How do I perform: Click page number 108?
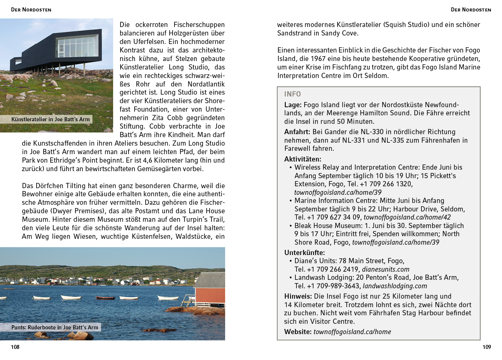15,347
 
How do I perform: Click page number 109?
486,347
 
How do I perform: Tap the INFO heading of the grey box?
292,94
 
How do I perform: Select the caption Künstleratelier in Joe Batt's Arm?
50,119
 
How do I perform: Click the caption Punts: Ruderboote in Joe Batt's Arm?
55,327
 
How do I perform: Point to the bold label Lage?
293,105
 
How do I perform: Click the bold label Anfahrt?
297,132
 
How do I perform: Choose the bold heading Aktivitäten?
303,159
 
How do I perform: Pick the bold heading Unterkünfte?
305,253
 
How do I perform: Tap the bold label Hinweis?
298,296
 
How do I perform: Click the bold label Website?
298,332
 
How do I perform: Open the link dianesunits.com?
386,269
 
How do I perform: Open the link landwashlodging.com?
395,286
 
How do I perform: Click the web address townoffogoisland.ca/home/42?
407,217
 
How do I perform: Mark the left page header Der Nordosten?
31,10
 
